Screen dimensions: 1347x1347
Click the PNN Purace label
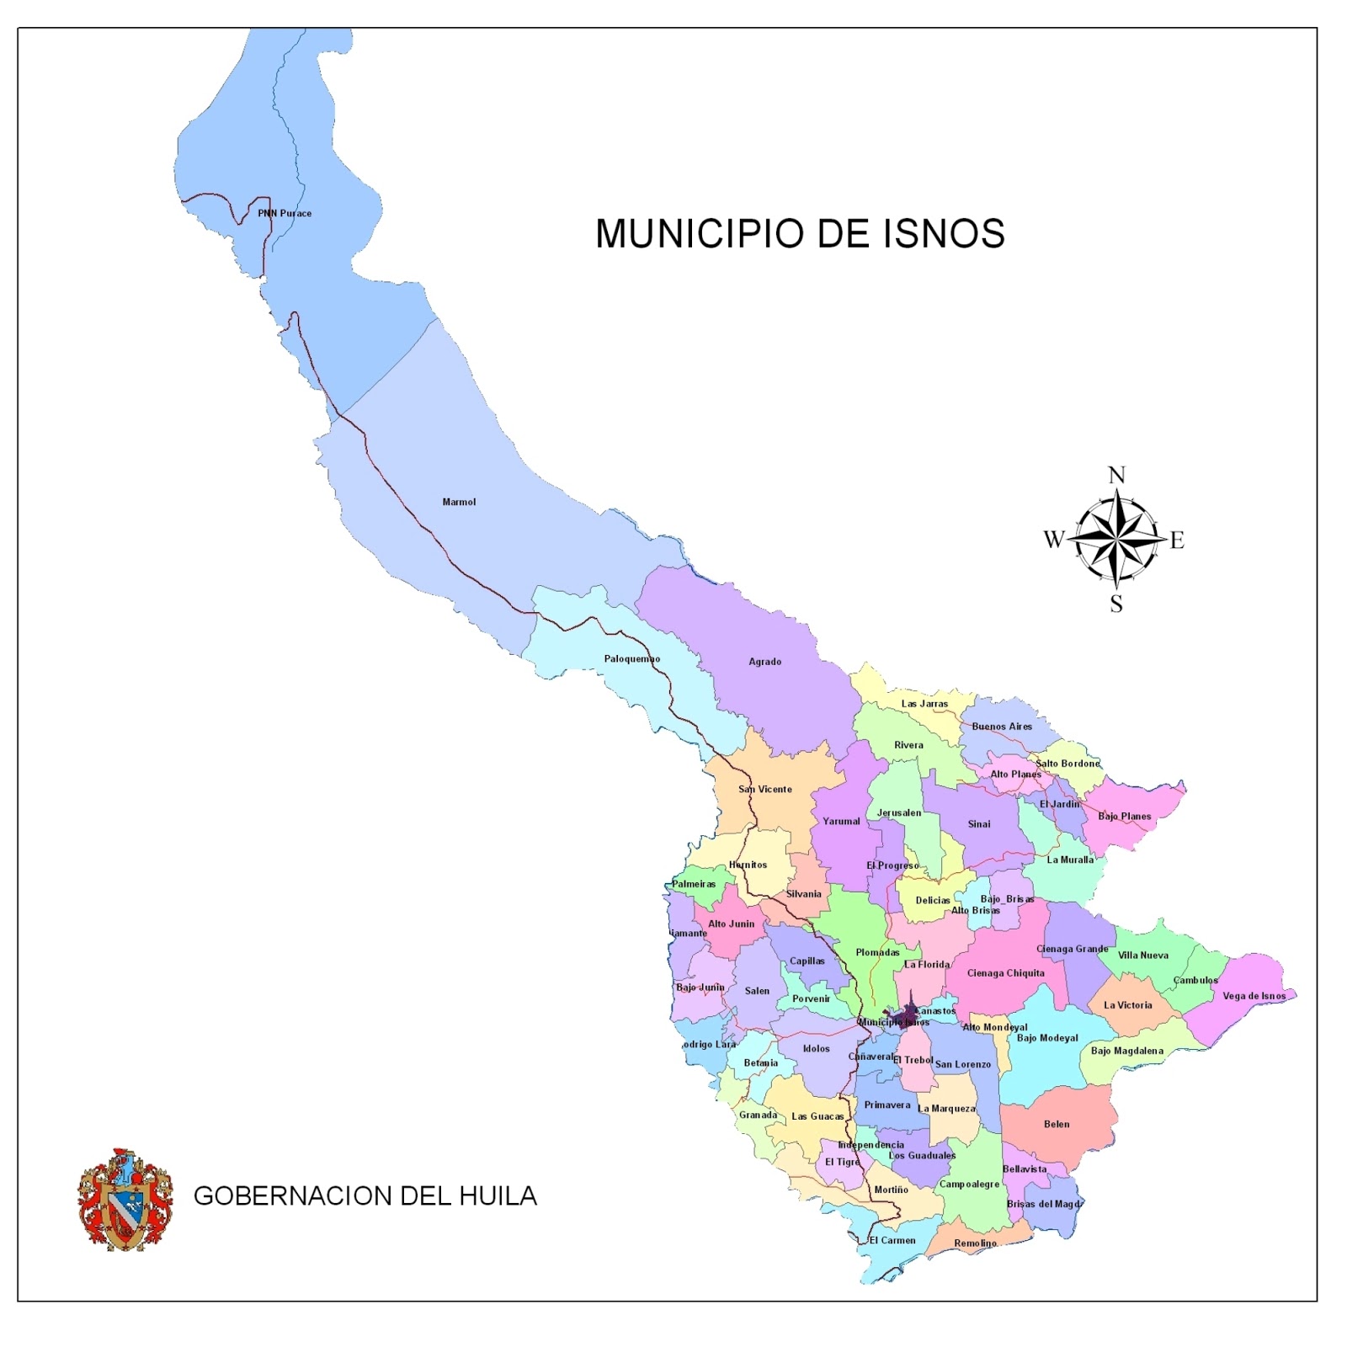[285, 214]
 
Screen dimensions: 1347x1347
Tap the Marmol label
[459, 503]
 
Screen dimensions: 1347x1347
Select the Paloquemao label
[631, 659]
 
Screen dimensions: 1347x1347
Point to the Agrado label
[764, 662]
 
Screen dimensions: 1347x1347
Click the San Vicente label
[764, 790]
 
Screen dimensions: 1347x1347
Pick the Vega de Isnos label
[1254, 996]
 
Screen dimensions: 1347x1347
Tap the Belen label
[1056, 1125]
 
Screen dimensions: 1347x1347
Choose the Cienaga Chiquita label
[1005, 973]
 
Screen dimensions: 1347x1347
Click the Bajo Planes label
[1124, 817]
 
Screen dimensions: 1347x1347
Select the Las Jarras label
[924, 704]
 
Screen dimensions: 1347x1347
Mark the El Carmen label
[892, 1240]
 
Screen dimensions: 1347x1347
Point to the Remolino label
[975, 1243]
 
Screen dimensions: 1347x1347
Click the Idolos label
[816, 1049]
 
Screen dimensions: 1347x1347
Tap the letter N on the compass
[1116, 476]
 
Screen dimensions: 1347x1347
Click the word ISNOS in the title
[944, 234]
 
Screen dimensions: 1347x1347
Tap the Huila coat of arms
[125, 1199]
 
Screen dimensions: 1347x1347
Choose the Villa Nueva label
[1142, 956]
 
